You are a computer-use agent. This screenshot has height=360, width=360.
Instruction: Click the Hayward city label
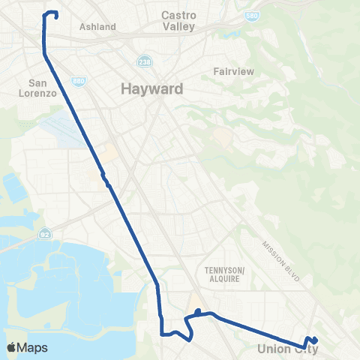coord(152,90)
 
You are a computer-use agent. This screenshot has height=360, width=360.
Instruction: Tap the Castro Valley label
coord(178,20)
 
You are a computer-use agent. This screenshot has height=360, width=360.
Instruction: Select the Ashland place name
coord(97,27)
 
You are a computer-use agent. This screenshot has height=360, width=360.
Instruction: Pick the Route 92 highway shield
coord(46,232)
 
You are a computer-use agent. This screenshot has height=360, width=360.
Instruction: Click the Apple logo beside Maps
coord(12,347)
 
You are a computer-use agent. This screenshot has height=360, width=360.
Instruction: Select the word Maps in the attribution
coord(32,348)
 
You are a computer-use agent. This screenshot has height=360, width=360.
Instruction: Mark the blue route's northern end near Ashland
coord(56,13)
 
